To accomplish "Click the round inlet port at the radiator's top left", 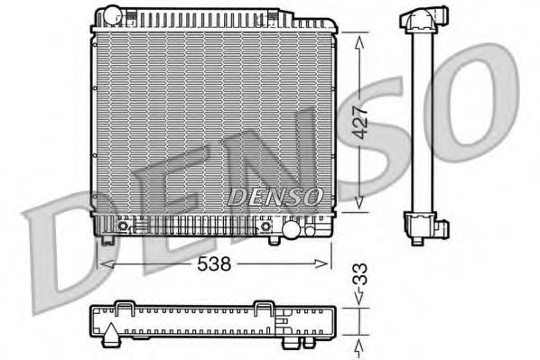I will point(111,15).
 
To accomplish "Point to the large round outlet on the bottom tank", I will point(293,231).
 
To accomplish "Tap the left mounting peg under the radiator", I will point(109,240).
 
